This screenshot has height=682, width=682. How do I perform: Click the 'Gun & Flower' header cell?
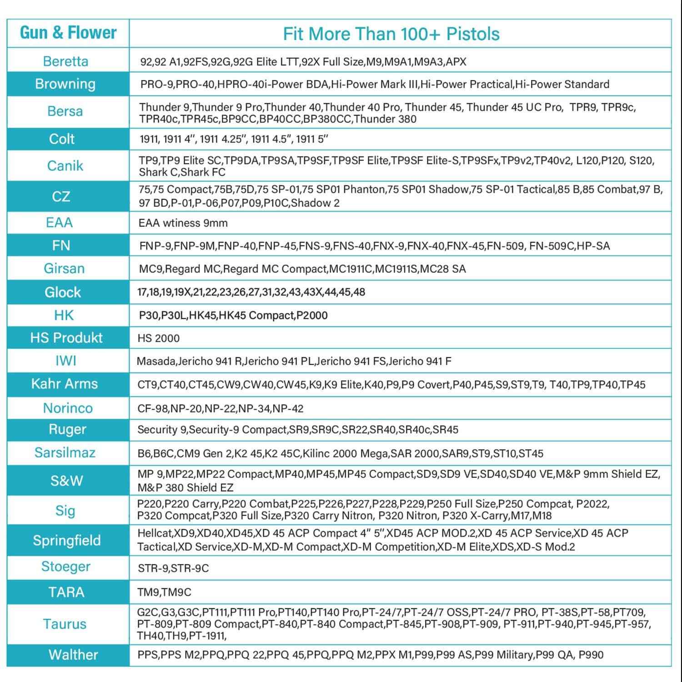click(x=68, y=33)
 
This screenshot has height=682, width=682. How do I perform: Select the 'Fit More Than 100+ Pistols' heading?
click(x=391, y=34)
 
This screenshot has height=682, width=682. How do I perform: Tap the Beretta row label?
click(x=65, y=61)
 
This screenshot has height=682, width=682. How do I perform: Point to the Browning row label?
click(x=65, y=84)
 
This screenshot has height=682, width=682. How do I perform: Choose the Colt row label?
click(x=62, y=139)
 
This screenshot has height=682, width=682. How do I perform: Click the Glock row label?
click(x=63, y=292)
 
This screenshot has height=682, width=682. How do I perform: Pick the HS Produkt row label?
click(x=66, y=338)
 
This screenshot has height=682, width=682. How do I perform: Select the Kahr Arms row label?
click(x=65, y=384)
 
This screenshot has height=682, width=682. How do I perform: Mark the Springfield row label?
click(x=67, y=541)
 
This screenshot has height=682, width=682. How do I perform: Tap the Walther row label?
click(x=73, y=655)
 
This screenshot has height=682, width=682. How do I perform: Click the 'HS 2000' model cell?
click(x=159, y=338)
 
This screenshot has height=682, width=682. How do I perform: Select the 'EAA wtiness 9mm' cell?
click(x=183, y=223)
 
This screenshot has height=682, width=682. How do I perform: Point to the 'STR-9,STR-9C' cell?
click(x=173, y=568)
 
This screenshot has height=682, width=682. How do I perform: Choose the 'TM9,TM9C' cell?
click(x=164, y=592)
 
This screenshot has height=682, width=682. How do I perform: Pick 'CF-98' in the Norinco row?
click(x=152, y=408)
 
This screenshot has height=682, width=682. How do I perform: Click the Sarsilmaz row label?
click(x=65, y=453)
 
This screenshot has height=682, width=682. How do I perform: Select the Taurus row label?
click(x=65, y=624)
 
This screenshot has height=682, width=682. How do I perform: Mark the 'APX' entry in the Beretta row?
click(x=456, y=62)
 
